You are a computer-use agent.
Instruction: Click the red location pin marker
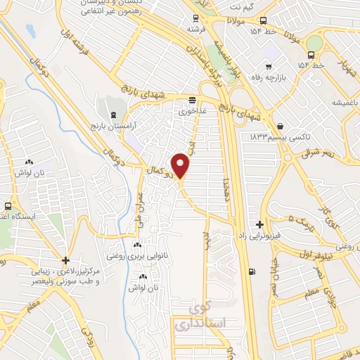click(x=181, y=165)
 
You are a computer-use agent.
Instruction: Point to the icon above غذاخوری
click(x=192, y=100)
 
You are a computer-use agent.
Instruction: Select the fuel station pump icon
click(x=252, y=272)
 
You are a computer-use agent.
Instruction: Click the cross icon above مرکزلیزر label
click(x=65, y=259)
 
